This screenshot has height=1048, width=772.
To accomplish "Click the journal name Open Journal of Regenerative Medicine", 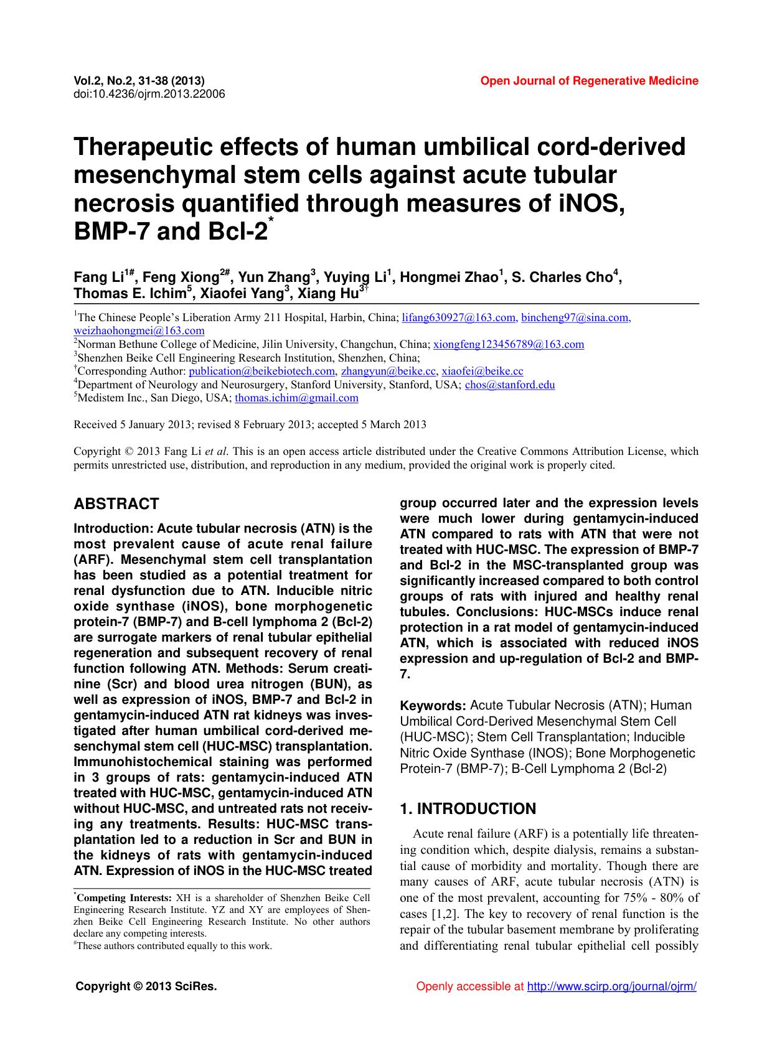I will [x=589, y=81].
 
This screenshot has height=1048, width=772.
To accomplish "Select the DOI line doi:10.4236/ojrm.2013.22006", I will [x=149, y=94].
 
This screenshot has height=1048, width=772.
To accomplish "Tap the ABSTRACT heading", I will [x=116, y=503].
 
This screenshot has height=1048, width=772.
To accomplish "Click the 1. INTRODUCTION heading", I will [x=468, y=808].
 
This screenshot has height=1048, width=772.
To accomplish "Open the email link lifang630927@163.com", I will [x=459, y=318].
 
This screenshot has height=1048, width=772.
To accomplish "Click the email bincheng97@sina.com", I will [x=576, y=318].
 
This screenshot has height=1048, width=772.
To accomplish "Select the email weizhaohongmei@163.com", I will [x=139, y=331].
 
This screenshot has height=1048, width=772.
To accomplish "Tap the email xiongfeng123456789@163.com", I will [x=509, y=344].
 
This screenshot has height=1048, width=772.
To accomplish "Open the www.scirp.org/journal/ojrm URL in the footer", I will [x=611, y=986].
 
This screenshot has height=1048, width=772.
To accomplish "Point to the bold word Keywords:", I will [x=433, y=706].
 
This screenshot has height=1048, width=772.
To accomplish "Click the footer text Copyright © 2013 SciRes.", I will [x=146, y=986].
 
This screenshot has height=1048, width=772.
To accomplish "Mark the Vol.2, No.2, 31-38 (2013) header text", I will [x=139, y=81].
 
